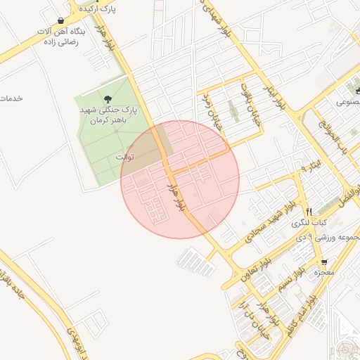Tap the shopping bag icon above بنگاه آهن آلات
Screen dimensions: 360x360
click(x=63, y=20)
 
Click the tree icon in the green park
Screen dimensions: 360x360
click(x=107, y=99)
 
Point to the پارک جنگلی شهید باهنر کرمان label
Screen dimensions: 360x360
click(x=107, y=115)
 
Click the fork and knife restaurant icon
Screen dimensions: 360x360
click(x=308, y=211)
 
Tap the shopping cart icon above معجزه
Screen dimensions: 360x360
click(x=323, y=262)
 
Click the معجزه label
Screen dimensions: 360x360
click(x=323, y=272)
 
